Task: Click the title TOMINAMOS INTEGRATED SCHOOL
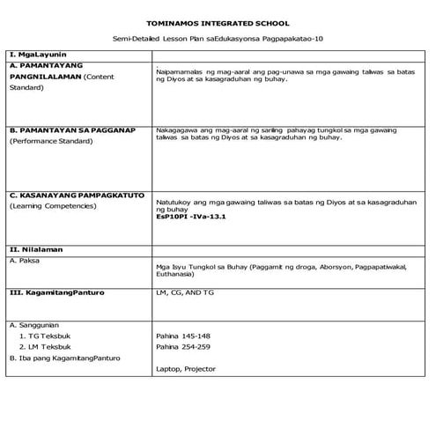tap(218, 23)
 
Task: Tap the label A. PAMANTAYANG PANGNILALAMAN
tap(55, 70)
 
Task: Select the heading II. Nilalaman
tap(39, 249)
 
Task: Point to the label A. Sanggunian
tap(39, 324)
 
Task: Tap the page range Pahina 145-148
tap(182, 336)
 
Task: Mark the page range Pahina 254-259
tap(182, 347)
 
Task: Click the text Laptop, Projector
tap(184, 369)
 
